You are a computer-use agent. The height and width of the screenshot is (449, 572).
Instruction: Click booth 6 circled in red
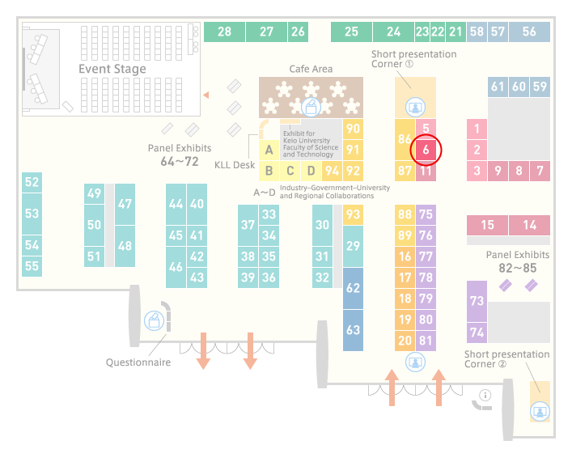click(x=426, y=150)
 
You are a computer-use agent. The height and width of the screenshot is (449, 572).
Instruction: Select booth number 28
click(x=224, y=32)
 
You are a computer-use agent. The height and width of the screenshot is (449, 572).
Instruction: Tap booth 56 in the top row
click(x=529, y=32)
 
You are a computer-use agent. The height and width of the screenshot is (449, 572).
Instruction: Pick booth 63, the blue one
click(x=353, y=330)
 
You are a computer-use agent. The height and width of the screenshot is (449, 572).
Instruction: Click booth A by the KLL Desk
click(x=269, y=150)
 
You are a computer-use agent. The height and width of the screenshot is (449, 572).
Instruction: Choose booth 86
click(x=405, y=139)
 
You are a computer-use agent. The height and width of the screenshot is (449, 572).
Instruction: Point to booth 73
click(x=477, y=301)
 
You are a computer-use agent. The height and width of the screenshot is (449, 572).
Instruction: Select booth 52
click(x=32, y=182)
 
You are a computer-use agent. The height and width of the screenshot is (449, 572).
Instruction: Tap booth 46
click(x=176, y=267)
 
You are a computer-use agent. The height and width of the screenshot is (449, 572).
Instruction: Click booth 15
click(x=487, y=225)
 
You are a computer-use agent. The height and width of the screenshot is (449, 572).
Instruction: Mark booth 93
click(x=353, y=214)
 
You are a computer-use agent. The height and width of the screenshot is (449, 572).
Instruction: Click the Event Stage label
click(x=112, y=69)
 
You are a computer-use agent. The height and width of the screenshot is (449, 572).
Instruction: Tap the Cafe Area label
click(x=311, y=69)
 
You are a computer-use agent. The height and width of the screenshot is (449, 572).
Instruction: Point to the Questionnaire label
click(x=138, y=362)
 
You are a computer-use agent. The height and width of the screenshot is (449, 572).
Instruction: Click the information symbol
click(x=485, y=395)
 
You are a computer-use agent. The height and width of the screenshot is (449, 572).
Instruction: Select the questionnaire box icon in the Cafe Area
click(x=311, y=107)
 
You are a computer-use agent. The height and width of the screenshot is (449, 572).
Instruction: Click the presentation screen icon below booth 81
click(x=415, y=362)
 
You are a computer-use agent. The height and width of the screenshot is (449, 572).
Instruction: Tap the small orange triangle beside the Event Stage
click(x=206, y=95)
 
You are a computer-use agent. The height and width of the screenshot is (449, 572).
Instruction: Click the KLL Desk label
click(x=235, y=165)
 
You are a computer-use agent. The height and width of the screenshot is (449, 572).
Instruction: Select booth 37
click(x=248, y=225)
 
